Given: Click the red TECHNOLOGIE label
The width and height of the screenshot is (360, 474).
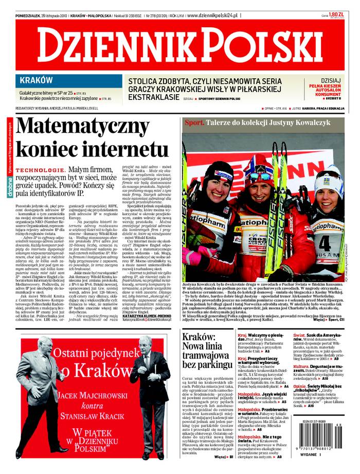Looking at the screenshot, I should (40, 170).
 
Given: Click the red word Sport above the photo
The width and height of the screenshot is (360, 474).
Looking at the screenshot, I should (194, 122).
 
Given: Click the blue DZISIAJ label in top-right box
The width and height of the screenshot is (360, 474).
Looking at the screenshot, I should (330, 80).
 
